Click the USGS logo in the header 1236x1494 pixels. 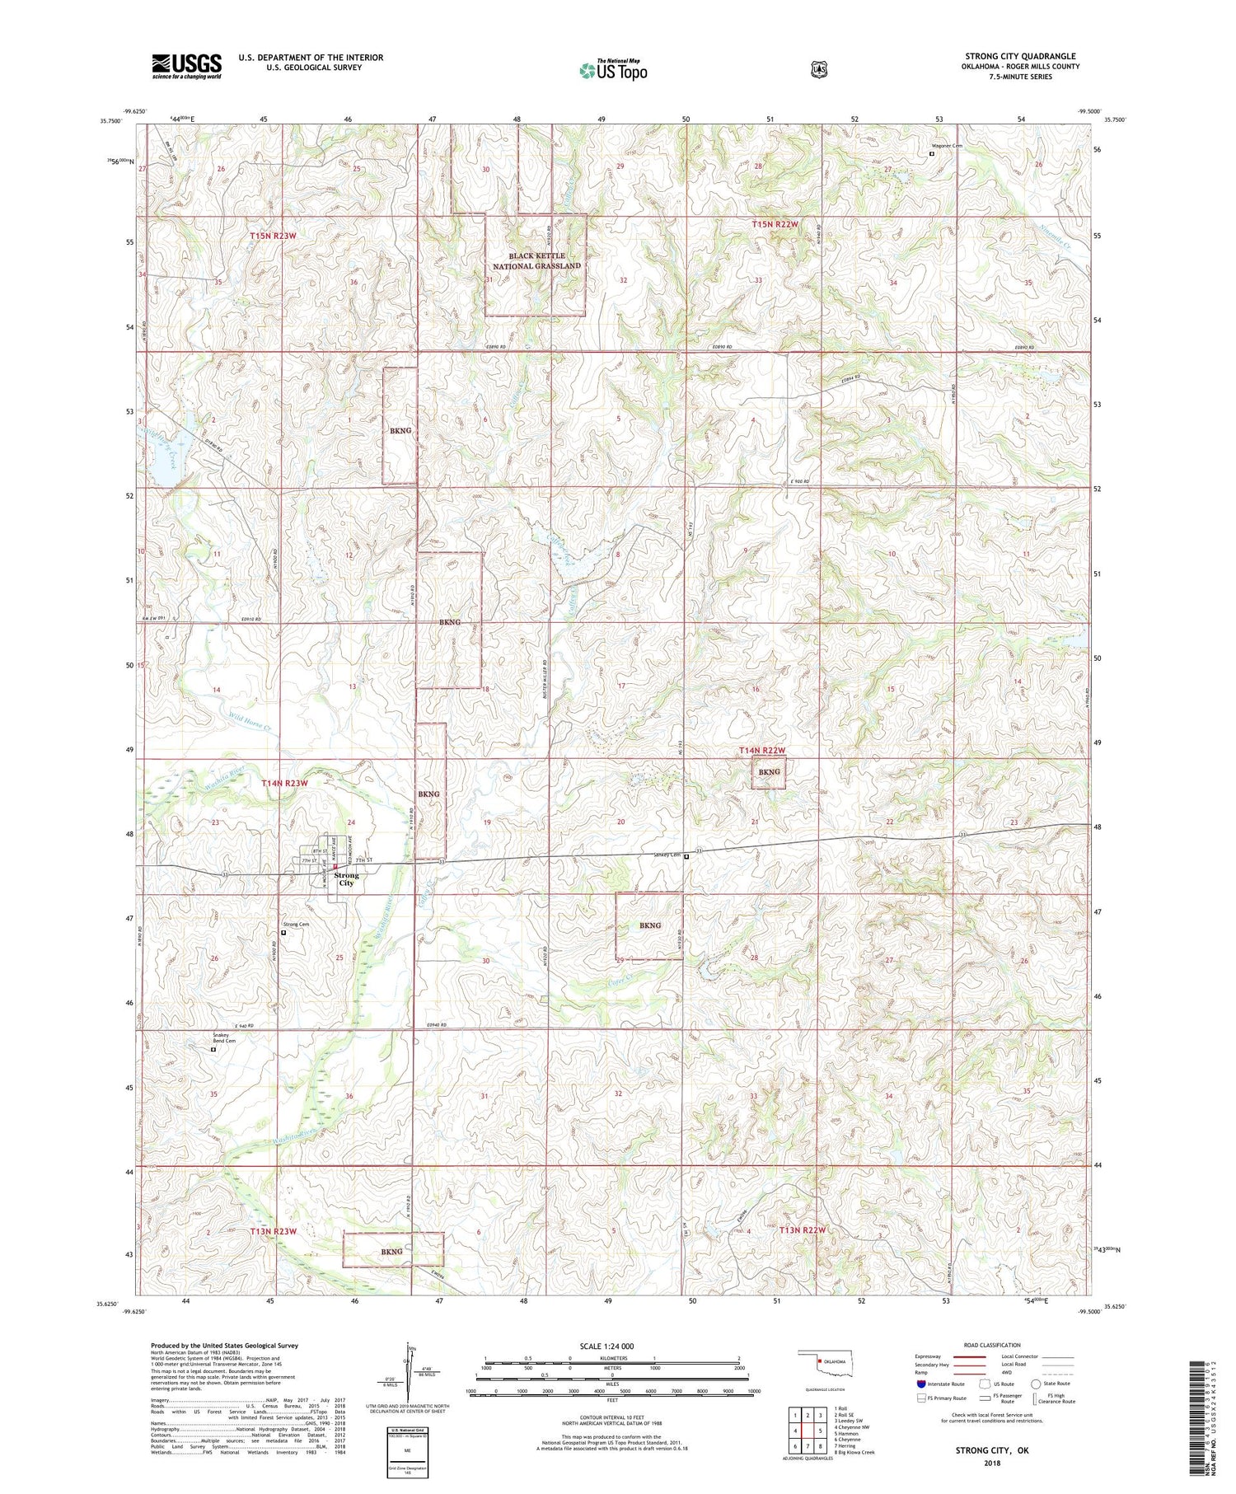tap(186, 66)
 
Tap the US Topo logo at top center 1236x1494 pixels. tap(613, 69)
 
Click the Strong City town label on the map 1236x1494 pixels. tap(347, 878)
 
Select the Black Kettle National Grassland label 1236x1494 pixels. tap(536, 261)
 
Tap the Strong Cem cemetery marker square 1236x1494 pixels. tap(283, 934)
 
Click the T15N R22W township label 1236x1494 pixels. tap(775, 224)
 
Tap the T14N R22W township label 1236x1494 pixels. tap(761, 750)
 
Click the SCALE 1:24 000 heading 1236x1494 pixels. tap(611, 1346)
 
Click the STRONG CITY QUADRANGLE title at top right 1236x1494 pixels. tap(1020, 57)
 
